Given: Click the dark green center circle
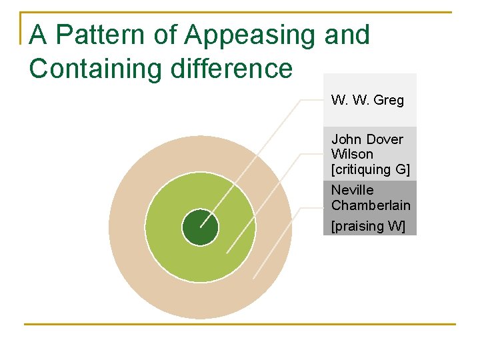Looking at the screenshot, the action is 200,227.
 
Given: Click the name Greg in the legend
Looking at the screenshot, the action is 389,101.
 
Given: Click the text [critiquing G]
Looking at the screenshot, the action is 370,169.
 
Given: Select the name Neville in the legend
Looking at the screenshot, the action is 353,190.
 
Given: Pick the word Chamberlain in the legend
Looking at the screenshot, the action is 371,205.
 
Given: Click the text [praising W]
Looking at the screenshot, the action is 368,226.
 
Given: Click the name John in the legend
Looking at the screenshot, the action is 346,139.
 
